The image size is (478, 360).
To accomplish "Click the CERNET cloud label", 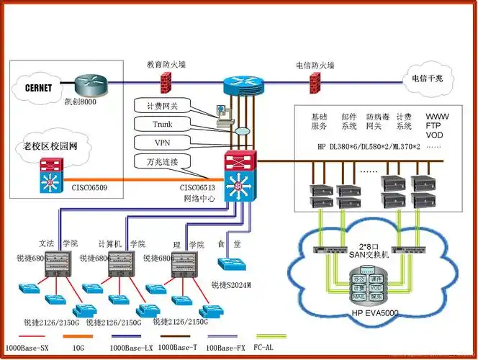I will [38, 89].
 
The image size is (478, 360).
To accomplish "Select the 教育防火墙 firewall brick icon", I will [163, 81].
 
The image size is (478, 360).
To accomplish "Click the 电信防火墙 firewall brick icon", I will [315, 82].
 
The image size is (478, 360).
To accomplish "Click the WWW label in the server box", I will [438, 116].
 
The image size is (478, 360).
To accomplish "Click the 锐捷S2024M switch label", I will [231, 285].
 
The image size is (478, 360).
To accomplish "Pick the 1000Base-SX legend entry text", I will [27, 348].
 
